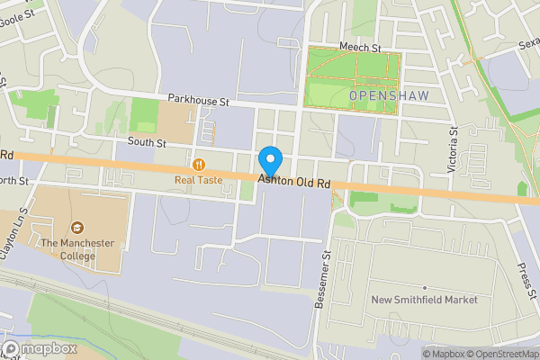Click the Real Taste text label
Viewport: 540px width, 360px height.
coord(199,180)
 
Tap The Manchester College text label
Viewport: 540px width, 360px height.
coord(76,248)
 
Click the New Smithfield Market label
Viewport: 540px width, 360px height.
coord(425,300)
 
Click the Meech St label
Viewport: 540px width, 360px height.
coord(360,47)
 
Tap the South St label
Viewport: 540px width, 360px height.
coord(147,142)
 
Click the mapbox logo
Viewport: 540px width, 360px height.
coord(38,348)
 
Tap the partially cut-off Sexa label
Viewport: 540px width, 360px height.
coord(528,44)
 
